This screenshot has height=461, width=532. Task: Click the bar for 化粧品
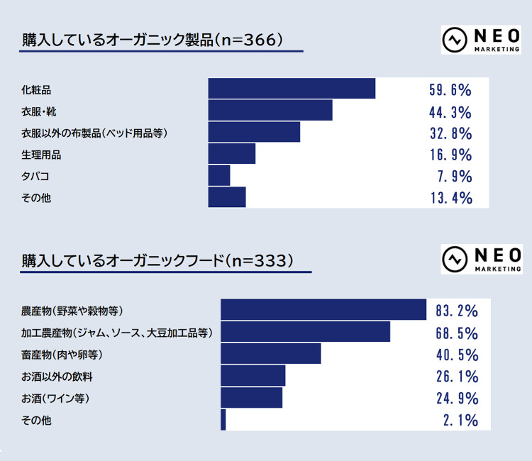pyautogui.click(x=292, y=89)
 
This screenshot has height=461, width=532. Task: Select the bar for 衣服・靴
pyautogui.click(x=270, y=111)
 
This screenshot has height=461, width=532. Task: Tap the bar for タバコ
pyautogui.click(x=219, y=176)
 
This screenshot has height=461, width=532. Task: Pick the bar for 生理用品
pyautogui.click(x=231, y=154)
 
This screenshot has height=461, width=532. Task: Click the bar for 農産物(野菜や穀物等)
pyautogui.click(x=323, y=311)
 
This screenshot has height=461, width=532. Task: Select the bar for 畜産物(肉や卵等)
pyautogui.click(x=270, y=354)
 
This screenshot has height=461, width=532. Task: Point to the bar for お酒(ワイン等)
pyautogui.click(x=251, y=398)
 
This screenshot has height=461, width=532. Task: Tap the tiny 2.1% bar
pyautogui.click(x=223, y=420)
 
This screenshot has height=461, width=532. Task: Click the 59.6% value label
pyautogui.click(x=450, y=90)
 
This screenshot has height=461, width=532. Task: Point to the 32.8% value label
pyautogui.click(x=450, y=133)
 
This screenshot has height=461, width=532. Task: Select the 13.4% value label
pyautogui.click(x=450, y=198)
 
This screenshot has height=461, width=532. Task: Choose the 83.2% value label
pyautogui.click(x=457, y=311)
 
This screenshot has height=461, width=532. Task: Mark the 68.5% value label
pyautogui.click(x=457, y=333)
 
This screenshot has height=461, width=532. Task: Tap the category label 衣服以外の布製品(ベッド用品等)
pyautogui.click(x=94, y=133)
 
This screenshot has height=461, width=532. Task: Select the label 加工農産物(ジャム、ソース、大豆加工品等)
pyautogui.click(x=117, y=333)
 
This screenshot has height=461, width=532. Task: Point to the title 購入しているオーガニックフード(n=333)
pyautogui.click(x=157, y=260)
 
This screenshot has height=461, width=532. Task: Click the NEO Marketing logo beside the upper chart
pyautogui.click(x=481, y=40)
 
